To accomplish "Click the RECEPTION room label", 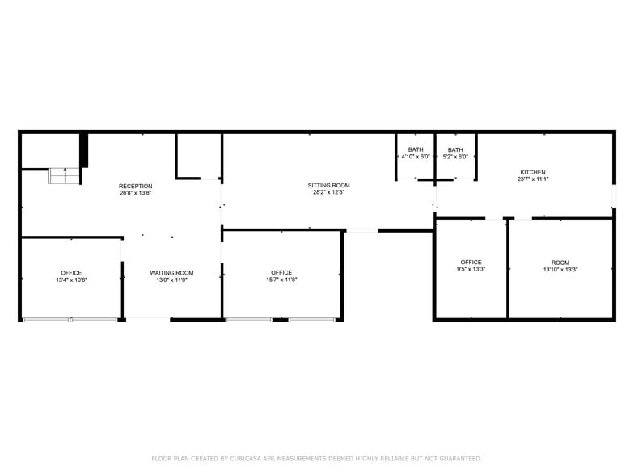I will (x=135, y=187).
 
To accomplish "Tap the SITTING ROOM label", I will (x=328, y=186).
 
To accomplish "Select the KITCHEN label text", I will (x=532, y=172).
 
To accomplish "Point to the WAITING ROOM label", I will (x=171, y=273).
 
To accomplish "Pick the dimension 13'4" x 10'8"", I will (x=71, y=280).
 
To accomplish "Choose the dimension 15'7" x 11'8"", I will (x=281, y=280).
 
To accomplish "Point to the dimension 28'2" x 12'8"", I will (x=328, y=193).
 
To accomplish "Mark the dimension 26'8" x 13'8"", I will (x=135, y=194).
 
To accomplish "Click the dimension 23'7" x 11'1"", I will (x=532, y=179).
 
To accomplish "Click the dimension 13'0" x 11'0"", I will (x=171, y=280).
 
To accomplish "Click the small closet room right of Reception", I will (x=198, y=155).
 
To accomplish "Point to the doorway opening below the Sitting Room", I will (x=361, y=231).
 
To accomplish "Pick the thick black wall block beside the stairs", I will (x=83, y=150).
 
